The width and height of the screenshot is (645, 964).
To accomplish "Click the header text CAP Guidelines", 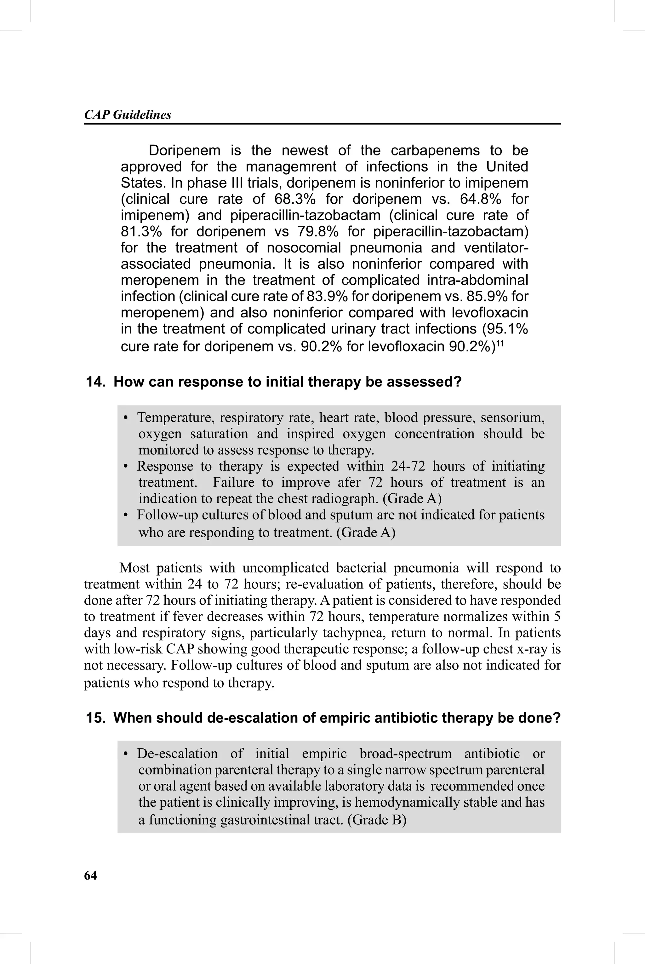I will [x=128, y=115].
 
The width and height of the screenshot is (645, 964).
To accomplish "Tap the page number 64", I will [x=90, y=875].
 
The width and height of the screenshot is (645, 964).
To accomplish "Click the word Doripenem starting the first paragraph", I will [x=184, y=151].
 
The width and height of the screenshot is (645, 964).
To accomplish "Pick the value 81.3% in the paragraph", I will [x=141, y=232].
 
